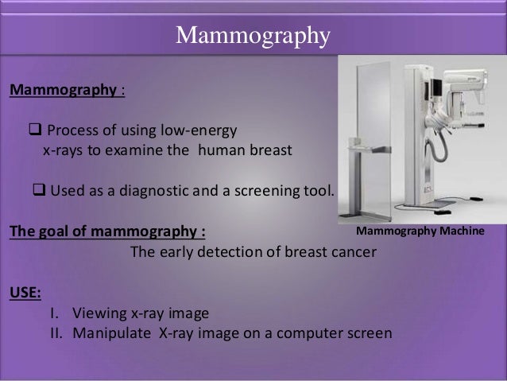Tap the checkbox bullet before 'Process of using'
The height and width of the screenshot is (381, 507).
35,130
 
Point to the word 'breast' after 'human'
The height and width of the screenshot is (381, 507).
269,150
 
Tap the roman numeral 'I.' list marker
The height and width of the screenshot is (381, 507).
56,312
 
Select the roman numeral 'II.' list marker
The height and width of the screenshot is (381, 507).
56,332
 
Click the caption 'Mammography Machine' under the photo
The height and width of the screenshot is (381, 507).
425,232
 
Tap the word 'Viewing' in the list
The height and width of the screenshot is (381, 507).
99,312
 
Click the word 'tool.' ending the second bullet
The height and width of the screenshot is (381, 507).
319,192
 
